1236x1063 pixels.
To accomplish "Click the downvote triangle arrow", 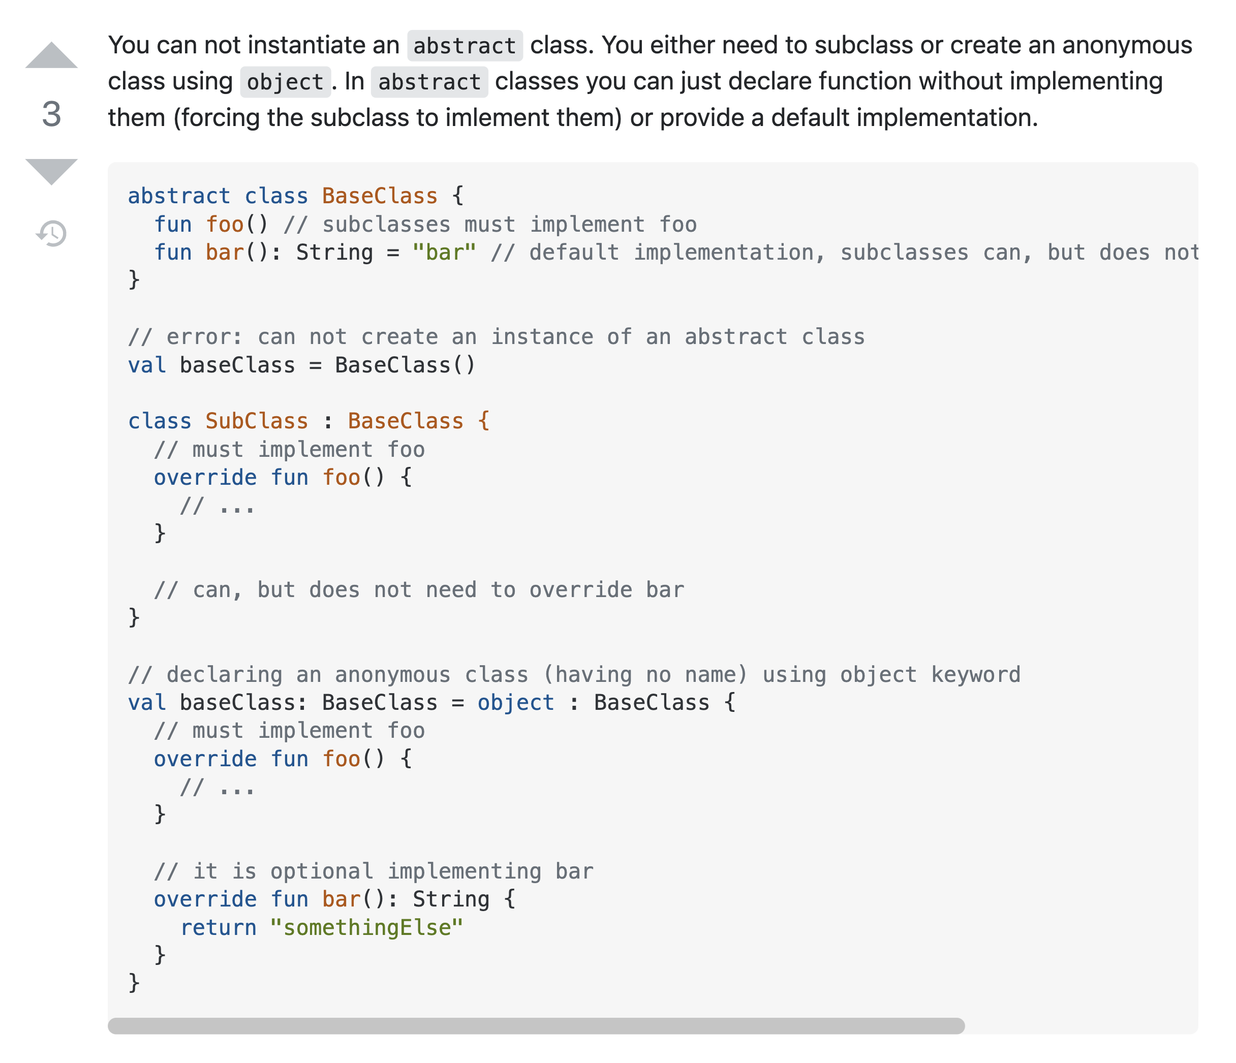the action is [51, 171].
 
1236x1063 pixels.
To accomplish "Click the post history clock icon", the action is [52, 233].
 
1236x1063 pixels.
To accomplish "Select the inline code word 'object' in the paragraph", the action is [285, 82].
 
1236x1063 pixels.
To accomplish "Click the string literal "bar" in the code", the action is [444, 253].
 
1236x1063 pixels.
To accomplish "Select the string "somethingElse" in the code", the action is [366, 928].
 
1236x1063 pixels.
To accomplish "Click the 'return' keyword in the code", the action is [219, 928].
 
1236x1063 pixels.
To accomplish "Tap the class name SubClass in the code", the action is [257, 421].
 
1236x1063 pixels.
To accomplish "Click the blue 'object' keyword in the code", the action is [515, 703].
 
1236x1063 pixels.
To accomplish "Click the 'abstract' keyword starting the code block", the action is [179, 196].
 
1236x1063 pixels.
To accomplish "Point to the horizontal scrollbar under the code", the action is [536, 1026].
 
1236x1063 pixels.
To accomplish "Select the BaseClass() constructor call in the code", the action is [405, 365].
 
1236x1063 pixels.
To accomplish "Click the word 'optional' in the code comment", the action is [322, 871].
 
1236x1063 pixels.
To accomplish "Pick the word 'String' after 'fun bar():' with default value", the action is [334, 253].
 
